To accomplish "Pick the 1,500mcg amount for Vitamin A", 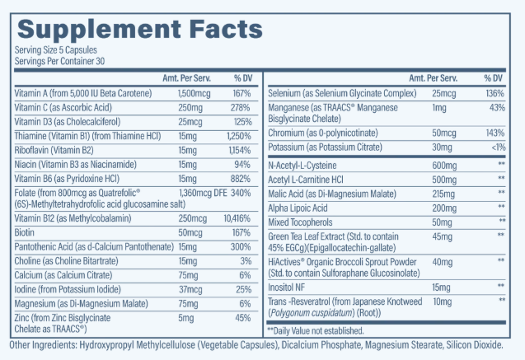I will (x=195, y=92).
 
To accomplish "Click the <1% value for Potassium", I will (x=495, y=147).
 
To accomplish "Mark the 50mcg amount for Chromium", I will (x=446, y=132).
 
